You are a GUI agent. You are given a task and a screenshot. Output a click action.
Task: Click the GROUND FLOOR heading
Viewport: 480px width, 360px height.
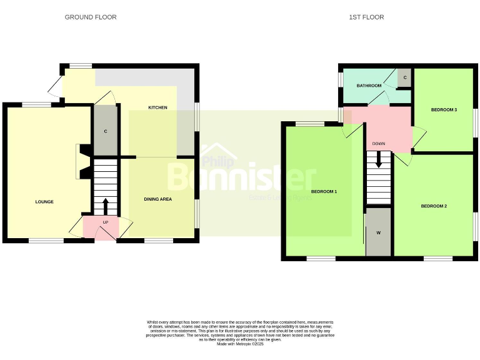click(x=91, y=17)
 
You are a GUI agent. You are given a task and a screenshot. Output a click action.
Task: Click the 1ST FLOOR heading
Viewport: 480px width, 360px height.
click(x=366, y=17)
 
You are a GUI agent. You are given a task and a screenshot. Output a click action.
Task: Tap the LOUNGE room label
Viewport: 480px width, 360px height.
click(x=44, y=202)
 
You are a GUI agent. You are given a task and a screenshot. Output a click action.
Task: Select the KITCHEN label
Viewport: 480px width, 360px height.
click(x=157, y=108)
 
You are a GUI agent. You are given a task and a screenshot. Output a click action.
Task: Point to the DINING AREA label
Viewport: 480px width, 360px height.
click(x=157, y=199)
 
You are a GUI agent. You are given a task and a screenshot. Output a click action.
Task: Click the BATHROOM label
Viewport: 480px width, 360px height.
click(x=369, y=86)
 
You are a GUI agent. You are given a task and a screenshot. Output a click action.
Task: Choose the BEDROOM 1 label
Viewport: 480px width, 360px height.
click(x=324, y=192)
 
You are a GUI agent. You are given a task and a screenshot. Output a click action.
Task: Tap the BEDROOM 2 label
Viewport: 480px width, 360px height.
click(x=433, y=206)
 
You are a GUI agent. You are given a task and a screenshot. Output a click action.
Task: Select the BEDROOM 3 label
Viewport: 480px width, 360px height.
click(x=444, y=110)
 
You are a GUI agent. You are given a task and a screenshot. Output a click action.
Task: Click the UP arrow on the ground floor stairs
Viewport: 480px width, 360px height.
click(x=105, y=206)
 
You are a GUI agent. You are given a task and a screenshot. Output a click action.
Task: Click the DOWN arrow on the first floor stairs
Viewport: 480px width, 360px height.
click(x=378, y=160)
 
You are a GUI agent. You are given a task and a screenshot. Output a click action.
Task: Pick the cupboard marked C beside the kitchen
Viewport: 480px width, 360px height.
click(x=106, y=131)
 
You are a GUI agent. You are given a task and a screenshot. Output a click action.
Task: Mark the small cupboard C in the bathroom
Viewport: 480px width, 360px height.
click(x=405, y=77)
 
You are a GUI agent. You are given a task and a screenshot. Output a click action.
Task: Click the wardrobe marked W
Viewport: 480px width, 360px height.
click(x=378, y=232)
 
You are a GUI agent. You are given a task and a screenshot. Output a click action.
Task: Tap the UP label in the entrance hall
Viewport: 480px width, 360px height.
click(x=105, y=223)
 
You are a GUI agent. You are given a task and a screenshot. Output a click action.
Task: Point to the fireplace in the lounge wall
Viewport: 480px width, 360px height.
click(x=81, y=162)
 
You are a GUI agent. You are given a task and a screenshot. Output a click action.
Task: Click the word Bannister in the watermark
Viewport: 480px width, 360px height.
click(x=241, y=177)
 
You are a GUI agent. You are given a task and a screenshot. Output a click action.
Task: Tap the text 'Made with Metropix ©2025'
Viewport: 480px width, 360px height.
click(x=240, y=344)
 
